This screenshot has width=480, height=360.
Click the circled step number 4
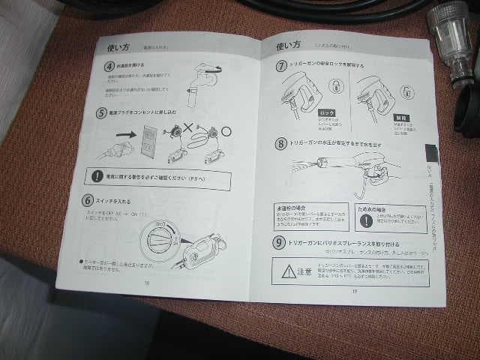(x=109, y=67)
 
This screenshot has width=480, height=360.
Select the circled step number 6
(x=88, y=200)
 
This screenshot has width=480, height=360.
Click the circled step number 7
(x=281, y=65)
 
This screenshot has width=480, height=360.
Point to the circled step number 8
(x=280, y=142)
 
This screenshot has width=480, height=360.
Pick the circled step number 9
(x=279, y=243)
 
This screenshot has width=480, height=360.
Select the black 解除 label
(x=400, y=118)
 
